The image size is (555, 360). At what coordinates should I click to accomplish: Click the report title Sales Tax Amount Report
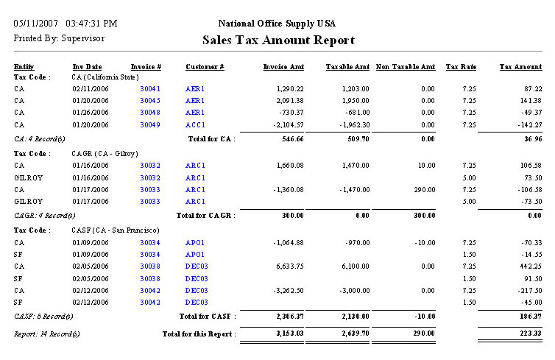(x=278, y=40)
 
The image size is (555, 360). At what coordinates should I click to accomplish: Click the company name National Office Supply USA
(x=278, y=24)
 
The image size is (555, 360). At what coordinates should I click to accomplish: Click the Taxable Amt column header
(x=347, y=67)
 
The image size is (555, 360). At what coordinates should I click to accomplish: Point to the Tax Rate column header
(x=461, y=67)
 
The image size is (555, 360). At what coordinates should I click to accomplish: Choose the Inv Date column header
(x=87, y=67)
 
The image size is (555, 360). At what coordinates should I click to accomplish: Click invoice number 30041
(x=150, y=88)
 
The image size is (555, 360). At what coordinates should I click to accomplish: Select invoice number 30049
(x=150, y=124)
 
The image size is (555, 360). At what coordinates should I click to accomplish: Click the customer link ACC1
(x=195, y=124)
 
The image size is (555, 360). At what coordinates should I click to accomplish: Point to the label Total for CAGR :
(x=205, y=215)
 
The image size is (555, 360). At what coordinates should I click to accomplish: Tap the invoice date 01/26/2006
(x=91, y=113)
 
